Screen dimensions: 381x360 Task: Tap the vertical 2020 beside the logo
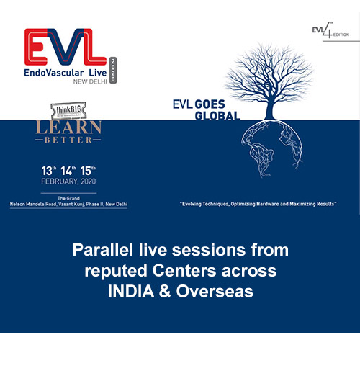click(x=113, y=70)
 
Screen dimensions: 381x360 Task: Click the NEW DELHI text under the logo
click(x=84, y=86)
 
